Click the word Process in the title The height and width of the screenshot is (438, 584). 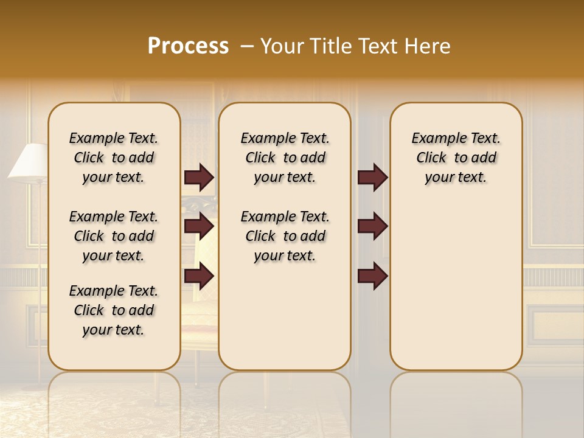coord(188,46)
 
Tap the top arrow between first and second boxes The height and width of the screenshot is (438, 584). coord(199,178)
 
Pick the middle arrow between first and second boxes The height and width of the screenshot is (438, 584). coord(199,226)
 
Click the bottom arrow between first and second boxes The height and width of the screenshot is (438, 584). coord(199,277)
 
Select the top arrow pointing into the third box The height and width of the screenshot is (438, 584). coord(372,178)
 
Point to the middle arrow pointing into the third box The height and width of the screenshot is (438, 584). coord(372,226)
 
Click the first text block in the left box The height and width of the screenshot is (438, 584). coord(114,158)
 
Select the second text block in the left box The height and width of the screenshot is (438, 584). coord(114,236)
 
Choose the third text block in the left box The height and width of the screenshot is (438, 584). coord(114,310)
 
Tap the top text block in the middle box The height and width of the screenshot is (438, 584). coord(285,158)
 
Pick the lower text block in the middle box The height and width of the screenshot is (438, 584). coord(285,236)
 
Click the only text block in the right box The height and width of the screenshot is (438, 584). coord(456,158)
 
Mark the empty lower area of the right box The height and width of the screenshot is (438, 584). coord(456,286)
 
